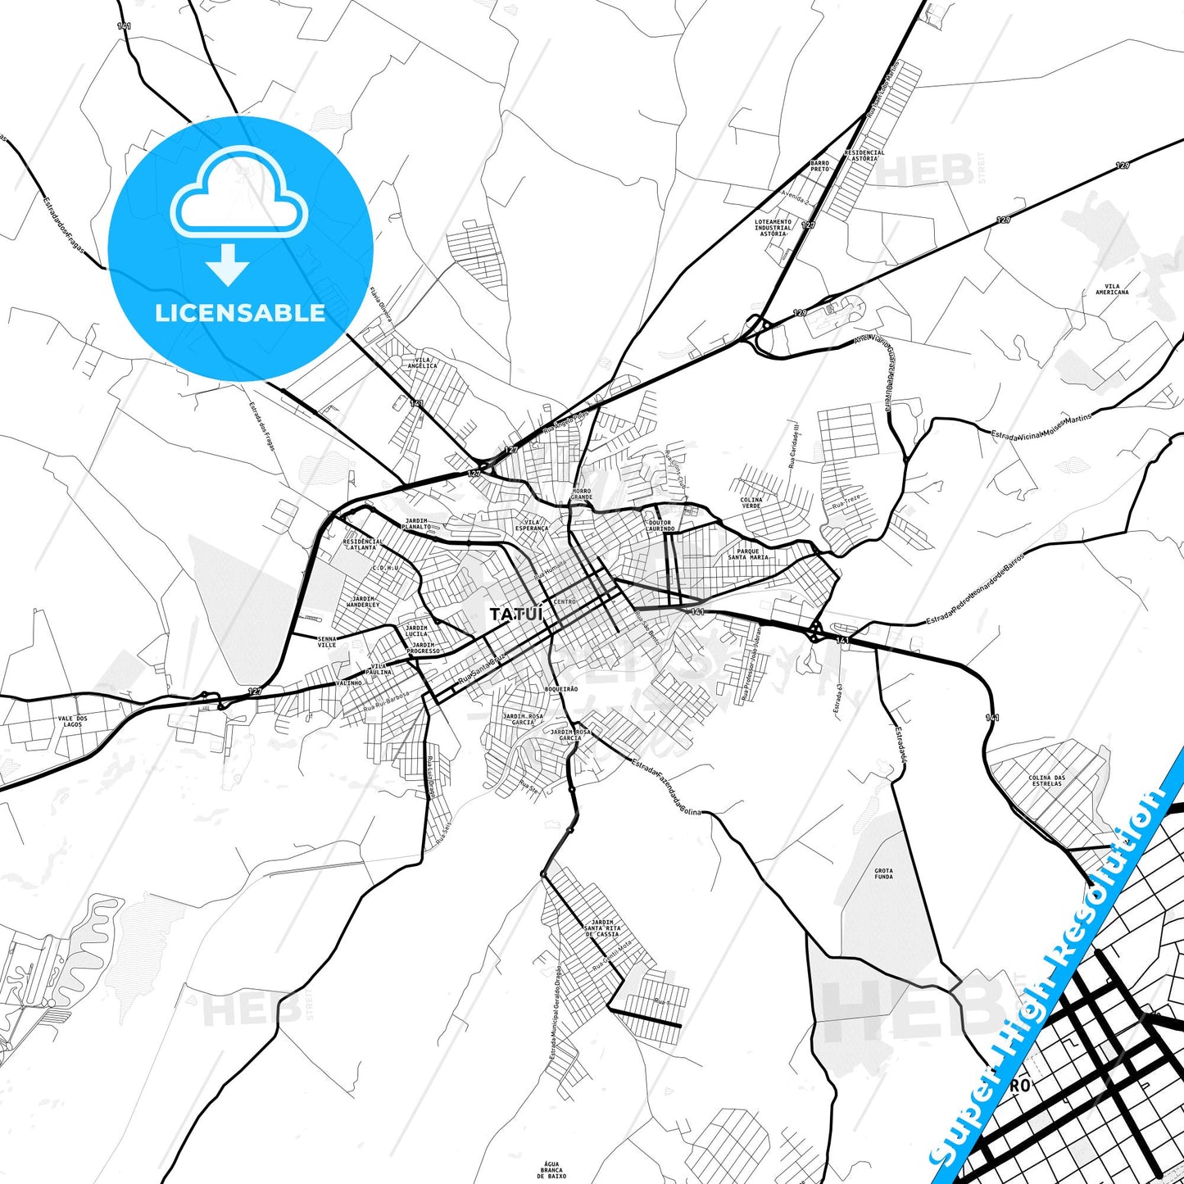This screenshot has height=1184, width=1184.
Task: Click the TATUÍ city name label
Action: pyautogui.click(x=510, y=614)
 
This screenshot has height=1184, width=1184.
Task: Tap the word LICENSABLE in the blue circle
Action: pyautogui.click(x=240, y=312)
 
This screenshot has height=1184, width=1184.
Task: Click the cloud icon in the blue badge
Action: pyautogui.click(x=238, y=193)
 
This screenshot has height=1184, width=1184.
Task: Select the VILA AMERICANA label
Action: pyautogui.click(x=1111, y=289)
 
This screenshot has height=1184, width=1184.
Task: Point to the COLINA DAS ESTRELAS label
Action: pyautogui.click(x=1046, y=780)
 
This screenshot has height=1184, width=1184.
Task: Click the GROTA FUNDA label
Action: pyautogui.click(x=883, y=873)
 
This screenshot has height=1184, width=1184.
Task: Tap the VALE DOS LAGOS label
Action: pyautogui.click(x=72, y=721)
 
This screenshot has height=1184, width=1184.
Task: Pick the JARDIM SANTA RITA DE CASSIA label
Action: pyautogui.click(x=602, y=928)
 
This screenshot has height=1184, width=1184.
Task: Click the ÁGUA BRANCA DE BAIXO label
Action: pyautogui.click(x=551, y=1169)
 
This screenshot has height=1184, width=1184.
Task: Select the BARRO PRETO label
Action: pyautogui.click(x=819, y=166)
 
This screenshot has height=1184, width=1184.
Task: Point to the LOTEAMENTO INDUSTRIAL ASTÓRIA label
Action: pyautogui.click(x=773, y=227)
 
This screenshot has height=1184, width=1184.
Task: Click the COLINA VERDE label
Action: pyautogui.click(x=751, y=502)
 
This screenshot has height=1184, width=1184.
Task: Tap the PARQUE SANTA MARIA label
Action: pyautogui.click(x=748, y=554)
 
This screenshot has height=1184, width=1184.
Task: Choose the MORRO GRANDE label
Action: pyautogui.click(x=581, y=494)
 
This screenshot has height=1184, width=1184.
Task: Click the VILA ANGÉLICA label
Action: pyautogui.click(x=426, y=362)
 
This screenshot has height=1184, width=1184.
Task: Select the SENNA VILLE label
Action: pyautogui.click(x=326, y=642)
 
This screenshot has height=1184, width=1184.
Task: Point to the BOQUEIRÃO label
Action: pyautogui.click(x=560, y=689)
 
